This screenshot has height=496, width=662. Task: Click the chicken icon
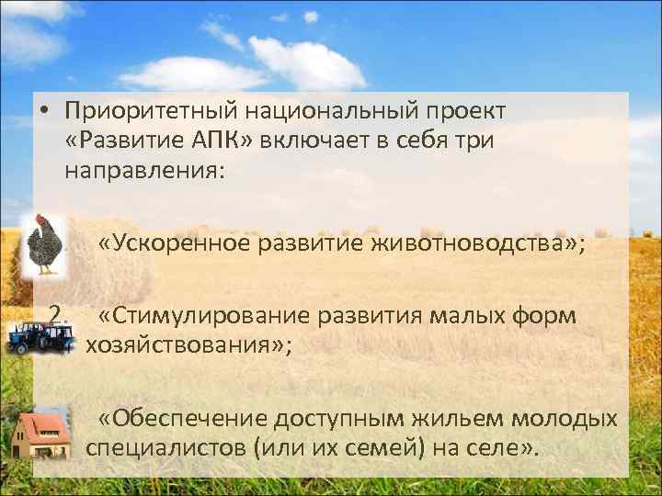click(x=43, y=244)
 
